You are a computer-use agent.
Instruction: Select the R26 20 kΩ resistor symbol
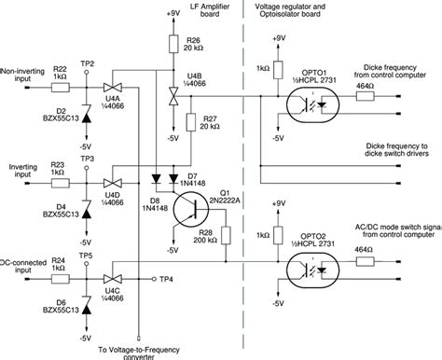(173, 44)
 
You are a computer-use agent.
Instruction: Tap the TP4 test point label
(167, 279)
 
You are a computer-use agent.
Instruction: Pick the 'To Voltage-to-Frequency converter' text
(139, 350)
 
